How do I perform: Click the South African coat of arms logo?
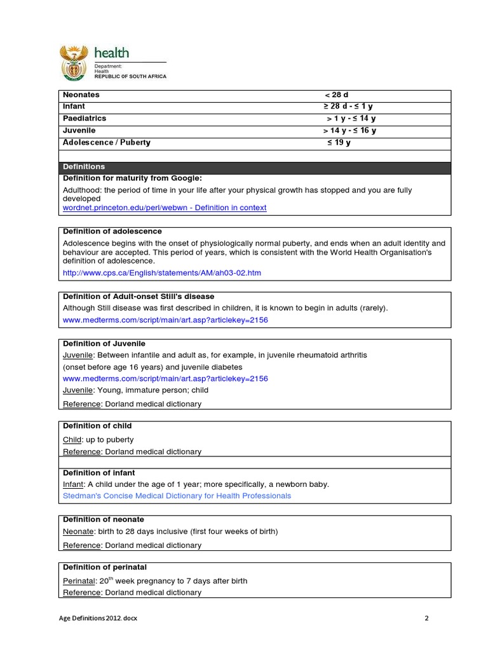click(75, 64)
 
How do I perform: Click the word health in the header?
click(112, 53)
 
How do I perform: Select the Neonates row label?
click(81, 95)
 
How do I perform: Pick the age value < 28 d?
click(337, 95)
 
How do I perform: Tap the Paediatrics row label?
click(85, 119)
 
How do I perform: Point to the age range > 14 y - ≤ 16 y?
click(349, 131)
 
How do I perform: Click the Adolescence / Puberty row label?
click(107, 142)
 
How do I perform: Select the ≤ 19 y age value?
click(339, 142)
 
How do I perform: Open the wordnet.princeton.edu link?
click(165, 208)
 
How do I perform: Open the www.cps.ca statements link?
click(162, 273)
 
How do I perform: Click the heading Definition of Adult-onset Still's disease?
click(139, 296)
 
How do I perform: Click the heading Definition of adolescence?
click(112, 231)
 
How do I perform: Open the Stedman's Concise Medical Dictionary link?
click(177, 496)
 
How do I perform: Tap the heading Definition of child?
click(97, 426)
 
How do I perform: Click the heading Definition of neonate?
click(104, 519)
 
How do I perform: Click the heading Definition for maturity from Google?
click(132, 178)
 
